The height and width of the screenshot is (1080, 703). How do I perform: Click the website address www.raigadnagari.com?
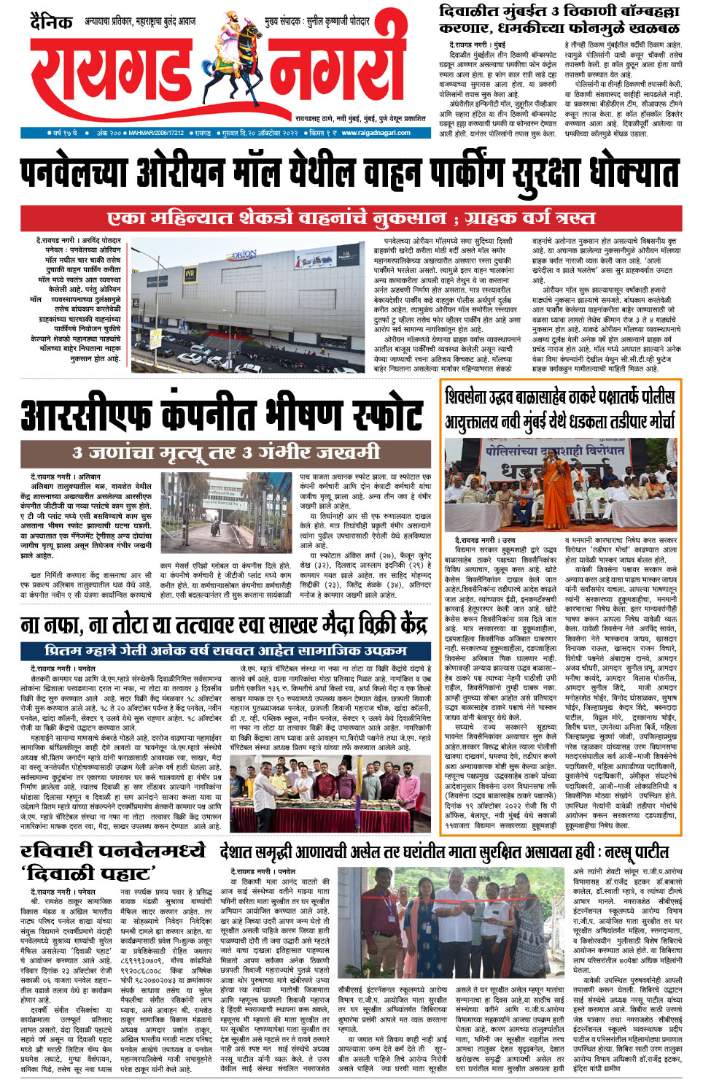coord(376,134)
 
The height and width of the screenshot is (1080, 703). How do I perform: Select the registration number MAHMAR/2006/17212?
coord(156,134)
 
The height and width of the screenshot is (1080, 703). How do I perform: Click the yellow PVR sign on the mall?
coord(190,274)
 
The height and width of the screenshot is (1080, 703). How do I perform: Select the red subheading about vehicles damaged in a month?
coord(351,218)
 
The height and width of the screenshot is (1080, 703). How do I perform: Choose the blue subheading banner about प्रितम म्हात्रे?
coord(225,650)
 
